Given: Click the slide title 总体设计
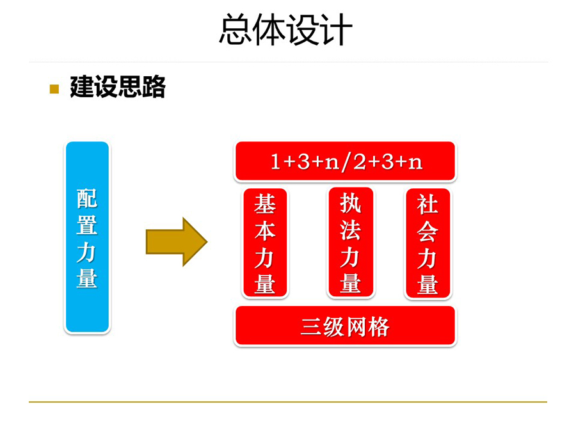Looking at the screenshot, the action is pyautogui.click(x=286, y=29).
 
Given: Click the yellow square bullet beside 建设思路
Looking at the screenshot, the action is pyautogui.click(x=54, y=89).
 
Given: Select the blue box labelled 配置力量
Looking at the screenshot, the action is pyautogui.click(x=87, y=237).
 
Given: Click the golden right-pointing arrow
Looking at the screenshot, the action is pyautogui.click(x=177, y=241).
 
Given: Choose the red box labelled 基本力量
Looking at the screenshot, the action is pyautogui.click(x=265, y=243).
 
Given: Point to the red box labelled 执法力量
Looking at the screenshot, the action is pyautogui.click(x=351, y=242).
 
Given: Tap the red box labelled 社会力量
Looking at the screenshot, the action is pyautogui.click(x=428, y=243).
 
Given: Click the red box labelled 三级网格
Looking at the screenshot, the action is pyautogui.click(x=346, y=326).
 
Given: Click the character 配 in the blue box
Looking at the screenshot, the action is pyautogui.click(x=87, y=198).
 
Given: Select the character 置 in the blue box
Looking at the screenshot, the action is pyautogui.click(x=87, y=225).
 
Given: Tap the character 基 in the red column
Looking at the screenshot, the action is pyautogui.click(x=265, y=204).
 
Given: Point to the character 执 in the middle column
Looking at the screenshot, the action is pyautogui.click(x=351, y=203).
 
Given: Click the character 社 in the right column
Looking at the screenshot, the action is pyautogui.click(x=428, y=204).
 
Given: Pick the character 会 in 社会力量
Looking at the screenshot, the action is pyautogui.click(x=428, y=232).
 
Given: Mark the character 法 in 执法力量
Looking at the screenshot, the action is pyautogui.click(x=351, y=230).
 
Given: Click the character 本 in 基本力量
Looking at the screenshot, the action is pyautogui.click(x=265, y=232).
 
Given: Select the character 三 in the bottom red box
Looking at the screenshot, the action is pyautogui.click(x=311, y=326).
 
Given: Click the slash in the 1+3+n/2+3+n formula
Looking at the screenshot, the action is pyautogui.click(x=346, y=163).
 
